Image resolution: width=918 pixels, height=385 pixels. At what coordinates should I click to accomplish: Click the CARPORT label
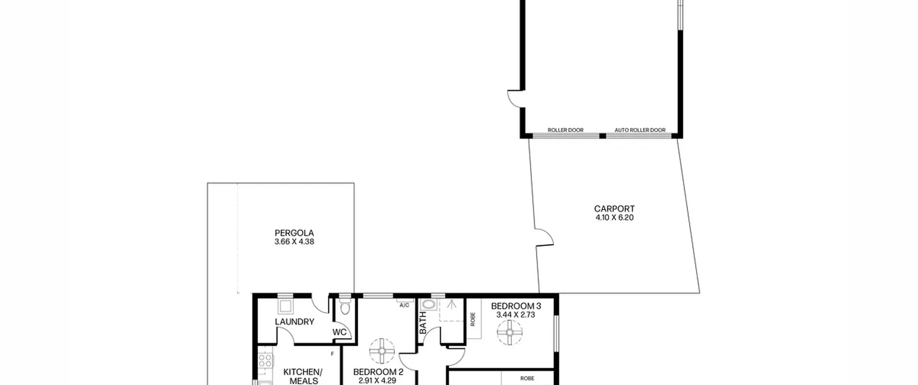click(614, 208)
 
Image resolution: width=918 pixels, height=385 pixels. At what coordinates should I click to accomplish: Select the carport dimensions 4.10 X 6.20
click(614, 217)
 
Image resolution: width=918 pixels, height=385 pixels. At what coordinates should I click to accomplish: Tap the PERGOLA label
click(294, 233)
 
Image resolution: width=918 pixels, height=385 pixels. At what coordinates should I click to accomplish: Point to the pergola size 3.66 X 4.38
click(294, 242)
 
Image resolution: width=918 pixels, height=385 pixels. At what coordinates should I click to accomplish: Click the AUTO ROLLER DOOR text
click(640, 130)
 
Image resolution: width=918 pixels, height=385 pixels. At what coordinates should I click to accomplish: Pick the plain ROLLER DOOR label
click(566, 130)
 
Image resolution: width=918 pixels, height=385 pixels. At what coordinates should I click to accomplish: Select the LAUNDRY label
click(294, 322)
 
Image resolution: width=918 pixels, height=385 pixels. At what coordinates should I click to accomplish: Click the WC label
click(339, 332)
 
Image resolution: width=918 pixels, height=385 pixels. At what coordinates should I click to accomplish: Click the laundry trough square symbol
click(286, 307)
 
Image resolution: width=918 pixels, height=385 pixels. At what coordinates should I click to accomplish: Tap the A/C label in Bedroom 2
click(404, 305)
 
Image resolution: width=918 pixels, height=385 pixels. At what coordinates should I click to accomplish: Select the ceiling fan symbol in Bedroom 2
click(382, 351)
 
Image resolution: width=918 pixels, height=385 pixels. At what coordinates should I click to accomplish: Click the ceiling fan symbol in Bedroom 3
click(510, 332)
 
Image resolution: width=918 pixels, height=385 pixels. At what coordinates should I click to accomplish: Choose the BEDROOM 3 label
click(516, 306)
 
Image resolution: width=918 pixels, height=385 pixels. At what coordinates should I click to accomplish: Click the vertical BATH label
click(423, 322)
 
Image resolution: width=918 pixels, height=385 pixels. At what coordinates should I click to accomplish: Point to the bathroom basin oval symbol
click(429, 305)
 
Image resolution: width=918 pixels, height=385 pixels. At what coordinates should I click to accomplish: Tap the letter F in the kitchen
click(332, 354)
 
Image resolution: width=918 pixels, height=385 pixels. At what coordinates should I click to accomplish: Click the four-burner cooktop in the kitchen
click(265, 360)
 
